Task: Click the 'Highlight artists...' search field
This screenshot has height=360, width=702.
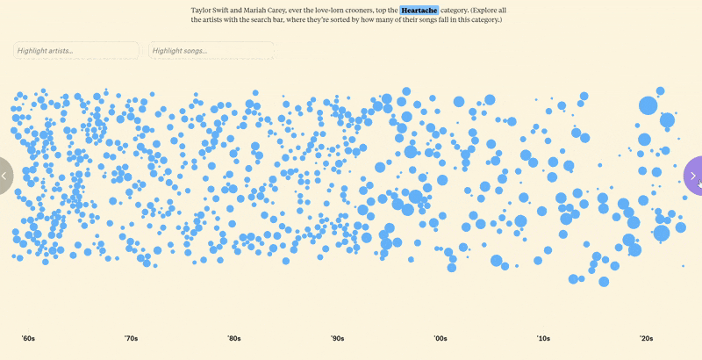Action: [76, 51]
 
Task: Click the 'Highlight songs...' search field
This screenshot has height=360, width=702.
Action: [211, 51]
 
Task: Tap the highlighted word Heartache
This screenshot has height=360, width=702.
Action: [419, 10]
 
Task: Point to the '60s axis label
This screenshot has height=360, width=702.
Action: [28, 338]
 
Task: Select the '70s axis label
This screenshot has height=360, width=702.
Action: [131, 338]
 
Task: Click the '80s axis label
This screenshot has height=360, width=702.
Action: [234, 338]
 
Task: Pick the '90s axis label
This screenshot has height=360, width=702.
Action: [337, 338]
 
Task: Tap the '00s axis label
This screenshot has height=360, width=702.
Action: [441, 338]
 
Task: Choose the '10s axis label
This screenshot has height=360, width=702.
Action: [543, 338]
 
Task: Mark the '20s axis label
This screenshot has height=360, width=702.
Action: [646, 338]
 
